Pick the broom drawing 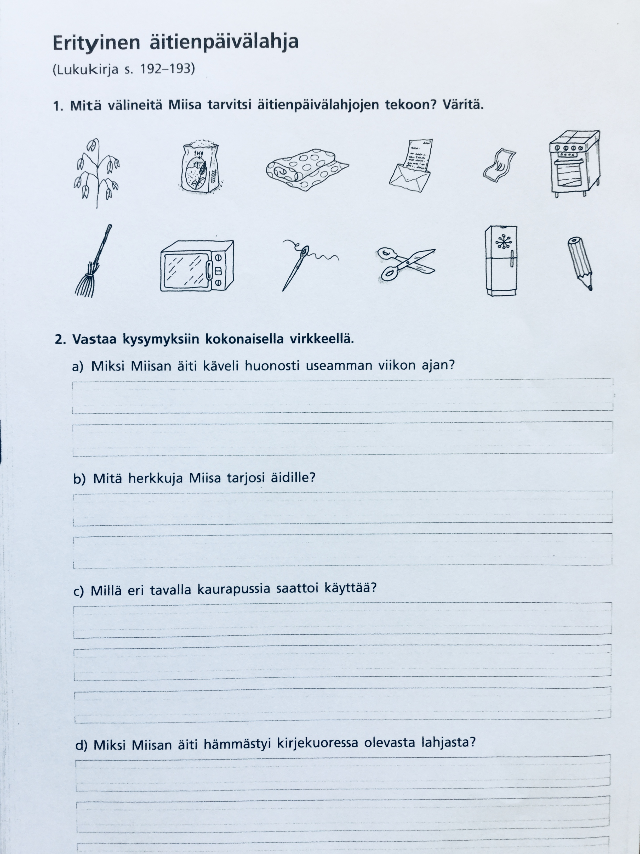(92, 261)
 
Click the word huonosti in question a (272, 366)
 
